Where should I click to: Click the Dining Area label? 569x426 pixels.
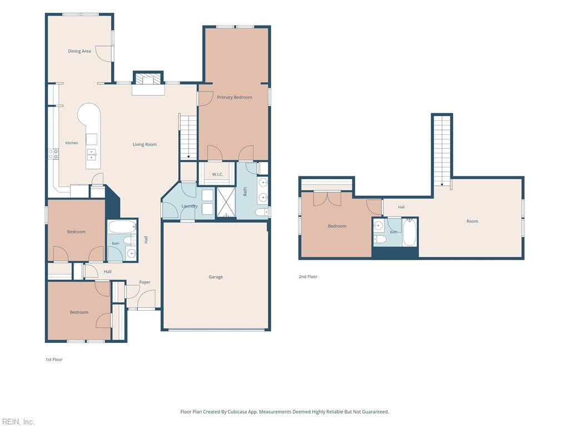pyautogui.click(x=79, y=51)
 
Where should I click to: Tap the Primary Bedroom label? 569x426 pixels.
pyautogui.click(x=234, y=97)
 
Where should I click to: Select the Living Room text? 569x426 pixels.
pyautogui.click(x=144, y=144)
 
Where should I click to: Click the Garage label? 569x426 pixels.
pyautogui.click(x=216, y=277)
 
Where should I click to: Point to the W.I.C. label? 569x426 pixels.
pyautogui.click(x=217, y=174)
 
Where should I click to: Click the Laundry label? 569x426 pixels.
pyautogui.click(x=189, y=206)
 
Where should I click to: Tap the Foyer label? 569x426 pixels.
pyautogui.click(x=144, y=282)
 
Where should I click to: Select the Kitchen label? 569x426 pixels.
pyautogui.click(x=72, y=143)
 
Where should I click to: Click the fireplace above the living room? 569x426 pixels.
pyautogui.click(x=148, y=80)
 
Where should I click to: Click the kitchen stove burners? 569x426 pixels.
pyautogui.click(x=54, y=154)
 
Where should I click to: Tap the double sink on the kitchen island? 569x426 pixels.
pyautogui.click(x=92, y=154)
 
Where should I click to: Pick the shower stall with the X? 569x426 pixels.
pyautogui.click(x=226, y=202)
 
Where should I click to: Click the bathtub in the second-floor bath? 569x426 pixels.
pyautogui.click(x=410, y=231)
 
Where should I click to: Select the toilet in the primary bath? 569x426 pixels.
pyautogui.click(x=261, y=212)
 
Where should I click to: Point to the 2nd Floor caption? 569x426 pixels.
pyautogui.click(x=308, y=276)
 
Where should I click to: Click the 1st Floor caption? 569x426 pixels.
pyautogui.click(x=54, y=359)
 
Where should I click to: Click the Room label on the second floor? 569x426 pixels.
pyautogui.click(x=472, y=221)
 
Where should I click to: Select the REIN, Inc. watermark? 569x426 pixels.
pyautogui.click(x=18, y=422)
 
